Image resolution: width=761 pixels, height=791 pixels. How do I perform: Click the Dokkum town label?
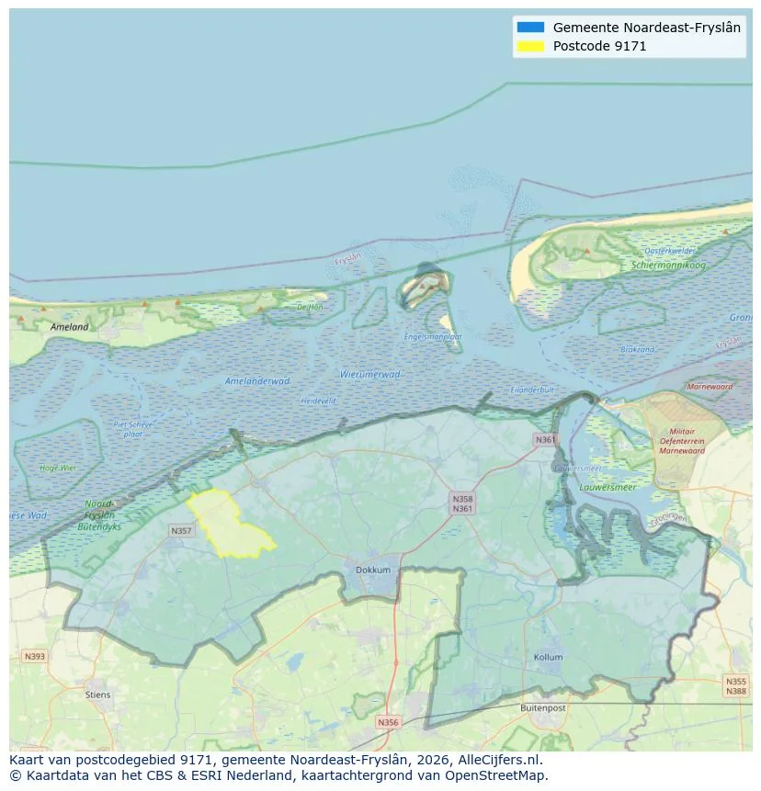click(373, 570)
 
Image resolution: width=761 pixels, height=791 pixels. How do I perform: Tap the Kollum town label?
click(548, 658)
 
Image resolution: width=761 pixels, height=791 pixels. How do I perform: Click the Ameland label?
click(70, 326)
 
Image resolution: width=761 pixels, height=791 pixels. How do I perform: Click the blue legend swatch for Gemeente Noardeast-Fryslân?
click(530, 28)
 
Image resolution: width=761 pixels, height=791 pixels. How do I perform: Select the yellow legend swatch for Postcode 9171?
click(530, 46)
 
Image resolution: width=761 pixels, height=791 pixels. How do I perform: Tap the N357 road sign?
click(181, 531)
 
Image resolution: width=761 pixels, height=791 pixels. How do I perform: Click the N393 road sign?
click(35, 656)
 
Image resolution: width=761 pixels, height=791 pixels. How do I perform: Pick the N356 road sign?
click(389, 722)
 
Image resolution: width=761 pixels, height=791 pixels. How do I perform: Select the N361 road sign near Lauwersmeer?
click(545, 440)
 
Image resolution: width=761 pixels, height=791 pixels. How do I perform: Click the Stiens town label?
click(97, 695)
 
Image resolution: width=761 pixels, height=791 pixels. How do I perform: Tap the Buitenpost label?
click(542, 708)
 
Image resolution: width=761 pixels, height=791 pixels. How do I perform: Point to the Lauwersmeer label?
click(608, 487)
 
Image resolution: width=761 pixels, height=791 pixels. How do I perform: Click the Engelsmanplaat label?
click(433, 336)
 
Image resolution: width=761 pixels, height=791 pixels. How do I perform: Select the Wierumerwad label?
click(369, 374)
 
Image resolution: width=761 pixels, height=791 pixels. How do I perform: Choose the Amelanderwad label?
click(257, 380)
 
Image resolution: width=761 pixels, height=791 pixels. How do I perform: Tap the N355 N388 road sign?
click(735, 686)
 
